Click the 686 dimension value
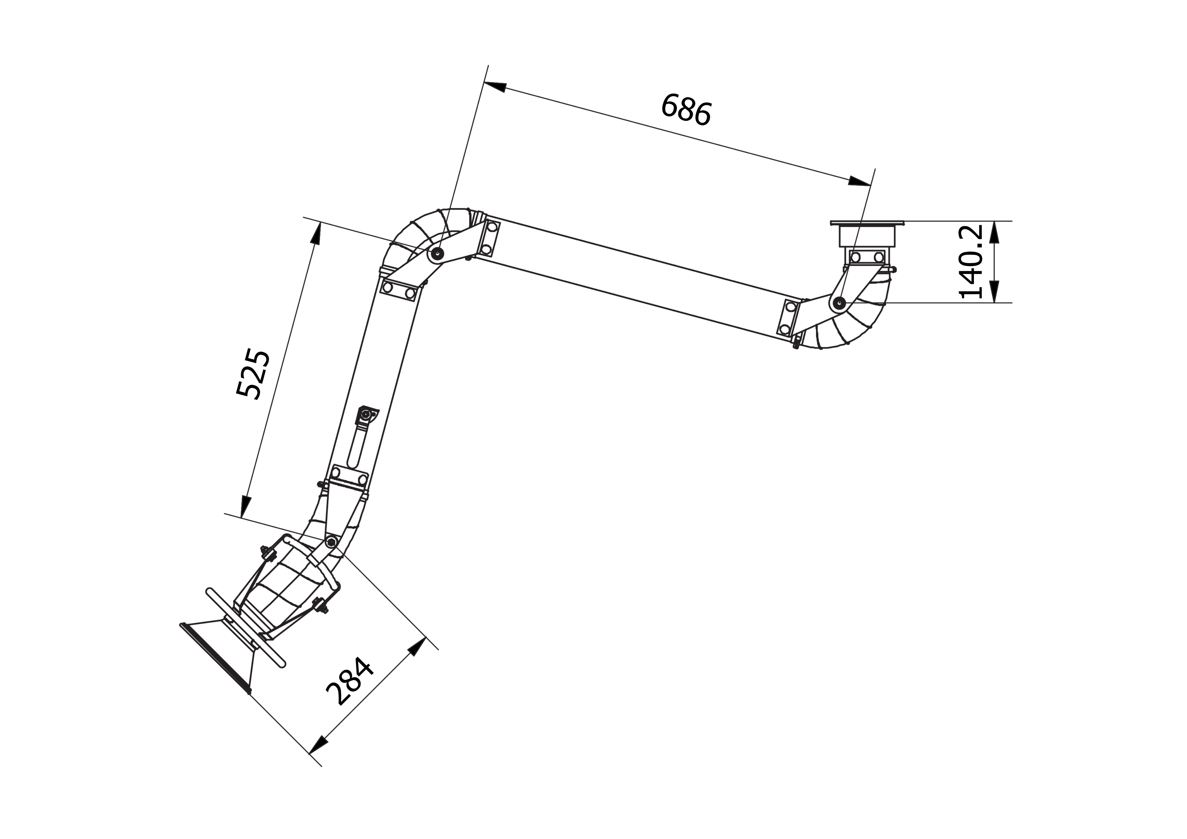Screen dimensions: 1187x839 pos(687,109)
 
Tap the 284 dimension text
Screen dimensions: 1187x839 pos(350,681)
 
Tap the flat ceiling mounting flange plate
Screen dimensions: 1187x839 pos(867,223)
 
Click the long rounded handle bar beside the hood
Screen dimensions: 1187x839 pos(246,627)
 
